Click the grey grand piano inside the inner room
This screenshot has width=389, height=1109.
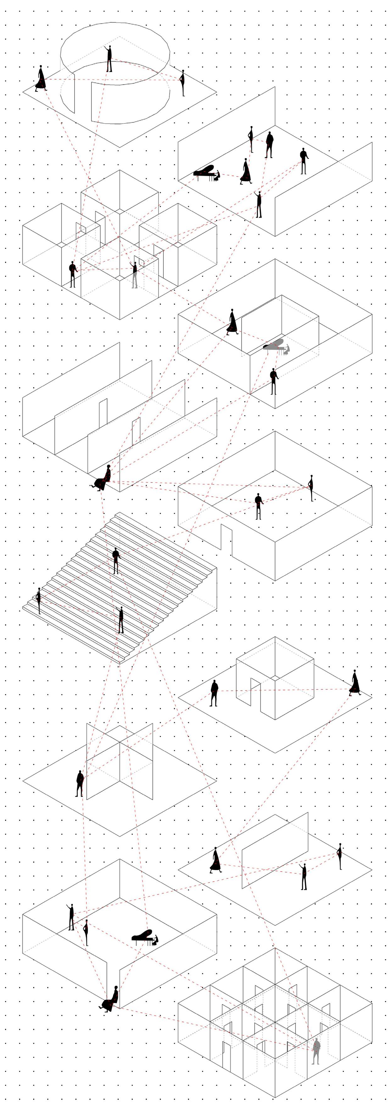pyautogui.click(x=275, y=345)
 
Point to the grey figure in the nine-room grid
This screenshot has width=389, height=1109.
pyautogui.click(x=316, y=1050)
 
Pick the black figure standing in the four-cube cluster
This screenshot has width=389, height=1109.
pyautogui.click(x=73, y=274)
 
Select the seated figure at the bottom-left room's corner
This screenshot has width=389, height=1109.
pyautogui.click(x=110, y=999)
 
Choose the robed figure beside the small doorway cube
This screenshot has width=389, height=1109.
pyautogui.click(x=355, y=683)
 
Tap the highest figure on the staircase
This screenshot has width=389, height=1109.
pyautogui.click(x=115, y=560)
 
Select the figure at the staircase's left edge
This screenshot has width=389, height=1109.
pyautogui.click(x=39, y=600)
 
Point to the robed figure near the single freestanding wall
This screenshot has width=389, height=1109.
pyautogui.click(x=215, y=860)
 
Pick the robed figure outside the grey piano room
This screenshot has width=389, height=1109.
pyautogui.click(x=232, y=322)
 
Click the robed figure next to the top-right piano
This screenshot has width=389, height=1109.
pyautogui.click(x=245, y=171)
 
